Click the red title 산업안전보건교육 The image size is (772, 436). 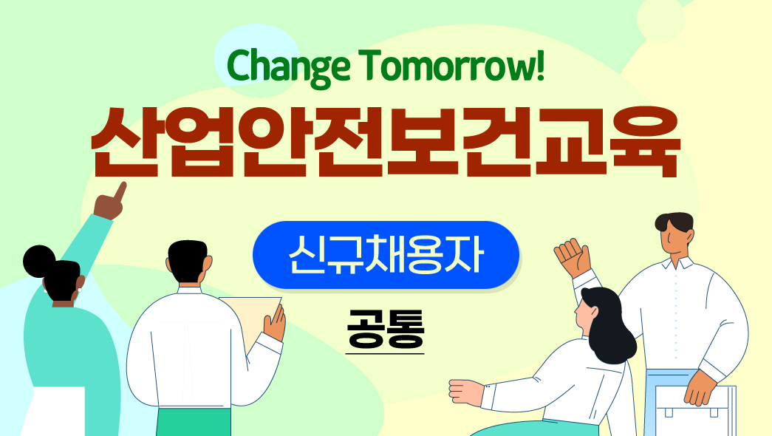[x=386, y=141]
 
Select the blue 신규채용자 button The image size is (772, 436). [x=386, y=255]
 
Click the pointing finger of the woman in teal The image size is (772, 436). [x=120, y=191]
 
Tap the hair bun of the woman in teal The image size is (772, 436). [x=38, y=261]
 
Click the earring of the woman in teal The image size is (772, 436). [x=79, y=290]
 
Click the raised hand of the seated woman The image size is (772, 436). [x=572, y=256]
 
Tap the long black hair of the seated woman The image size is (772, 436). [x=607, y=325]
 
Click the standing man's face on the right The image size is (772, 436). [x=677, y=236]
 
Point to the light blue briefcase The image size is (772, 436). [x=695, y=410]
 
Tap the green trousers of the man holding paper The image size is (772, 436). [x=194, y=422]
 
